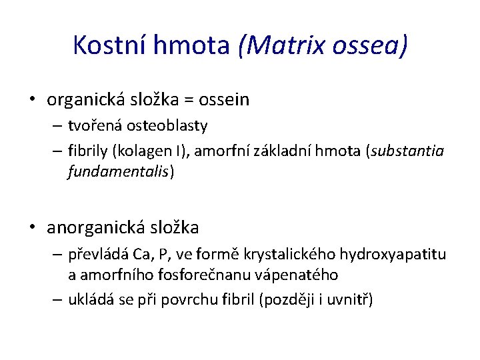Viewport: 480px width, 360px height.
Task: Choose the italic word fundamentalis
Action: tap(119, 172)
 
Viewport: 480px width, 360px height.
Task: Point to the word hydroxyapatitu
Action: tap(393, 254)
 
